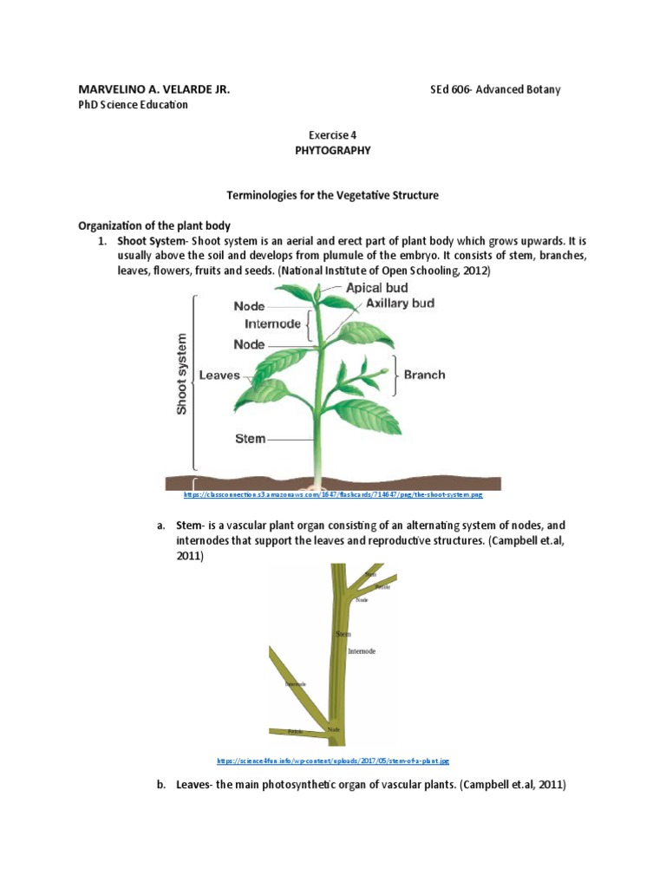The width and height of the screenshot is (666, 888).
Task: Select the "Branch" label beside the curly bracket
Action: pos(424,375)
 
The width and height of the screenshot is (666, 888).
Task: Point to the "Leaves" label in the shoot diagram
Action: pos(219,375)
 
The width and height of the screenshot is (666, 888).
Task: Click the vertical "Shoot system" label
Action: pos(182,373)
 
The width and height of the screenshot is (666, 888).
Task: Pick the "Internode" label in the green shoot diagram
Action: pos(272,323)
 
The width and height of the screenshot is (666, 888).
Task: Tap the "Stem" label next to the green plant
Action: pos(250,439)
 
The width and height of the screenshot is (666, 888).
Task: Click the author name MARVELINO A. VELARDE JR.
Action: pos(154,89)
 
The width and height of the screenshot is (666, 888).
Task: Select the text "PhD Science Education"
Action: pos(133,105)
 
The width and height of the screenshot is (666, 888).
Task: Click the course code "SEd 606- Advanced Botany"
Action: pos(496,89)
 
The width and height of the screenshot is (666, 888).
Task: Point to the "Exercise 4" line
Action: pos(333,134)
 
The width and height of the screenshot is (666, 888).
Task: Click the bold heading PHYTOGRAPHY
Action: pos(333,150)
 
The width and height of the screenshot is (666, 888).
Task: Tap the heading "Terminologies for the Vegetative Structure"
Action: pos(333,195)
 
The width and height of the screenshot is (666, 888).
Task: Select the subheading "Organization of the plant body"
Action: pos(153,225)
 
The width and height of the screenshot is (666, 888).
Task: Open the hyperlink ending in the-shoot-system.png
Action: pos(333,494)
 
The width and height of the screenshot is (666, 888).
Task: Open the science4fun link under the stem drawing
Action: pos(333,761)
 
